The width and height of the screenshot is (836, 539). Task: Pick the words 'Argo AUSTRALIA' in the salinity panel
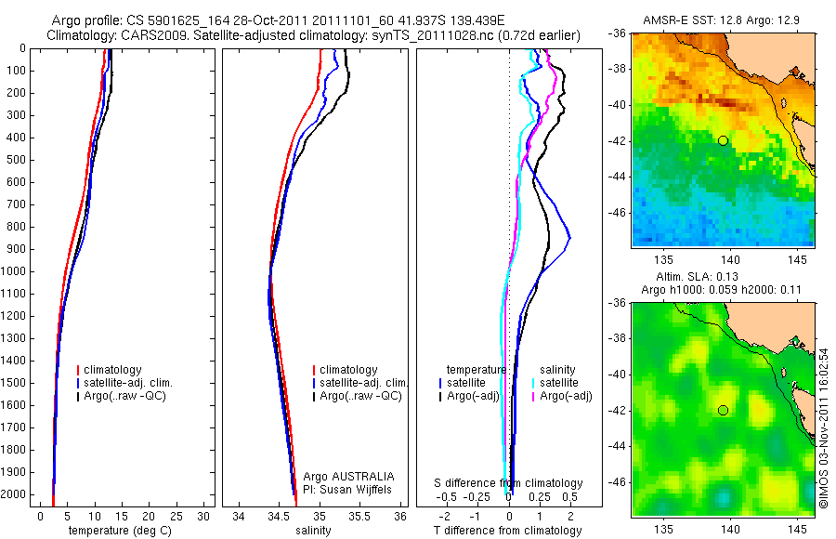(x=344, y=476)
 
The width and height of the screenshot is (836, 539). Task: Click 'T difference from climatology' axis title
(x=507, y=531)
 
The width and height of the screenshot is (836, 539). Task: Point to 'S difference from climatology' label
(x=508, y=483)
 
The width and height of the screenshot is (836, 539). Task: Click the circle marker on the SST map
(x=723, y=140)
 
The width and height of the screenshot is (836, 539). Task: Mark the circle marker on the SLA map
(x=723, y=410)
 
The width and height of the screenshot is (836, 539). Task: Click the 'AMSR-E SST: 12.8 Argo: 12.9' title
(x=723, y=20)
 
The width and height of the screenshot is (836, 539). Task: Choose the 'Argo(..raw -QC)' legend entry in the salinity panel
(x=360, y=396)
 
